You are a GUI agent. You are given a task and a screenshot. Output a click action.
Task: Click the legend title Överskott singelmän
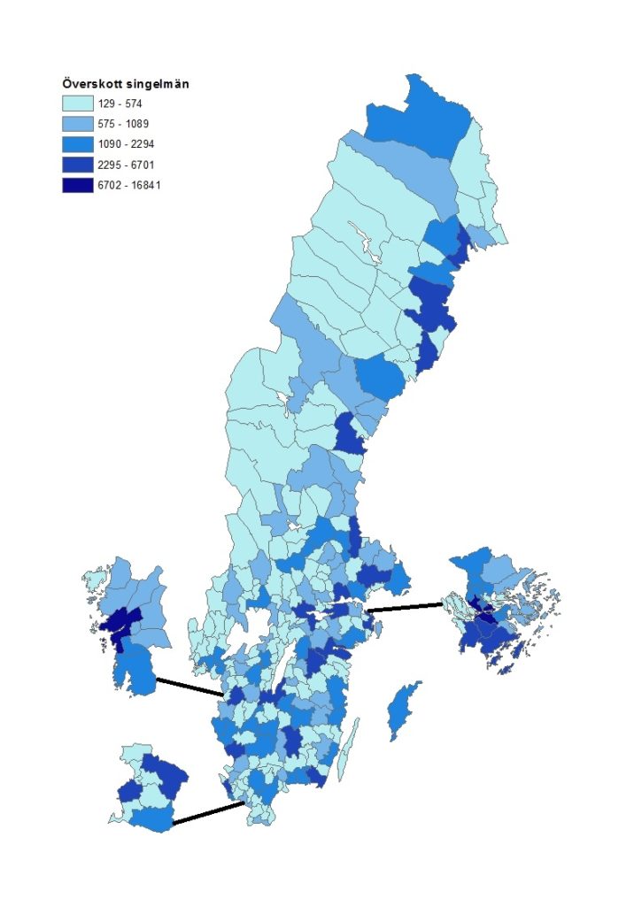pyautogui.click(x=125, y=83)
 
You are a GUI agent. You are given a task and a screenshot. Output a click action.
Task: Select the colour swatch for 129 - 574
pyautogui.click(x=77, y=103)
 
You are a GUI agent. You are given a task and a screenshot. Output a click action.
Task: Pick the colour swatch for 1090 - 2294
pyautogui.click(x=77, y=143)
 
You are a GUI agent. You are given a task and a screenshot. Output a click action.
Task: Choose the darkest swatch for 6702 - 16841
pyautogui.click(x=77, y=185)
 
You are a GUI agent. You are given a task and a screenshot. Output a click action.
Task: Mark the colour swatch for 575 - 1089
pyautogui.click(x=77, y=123)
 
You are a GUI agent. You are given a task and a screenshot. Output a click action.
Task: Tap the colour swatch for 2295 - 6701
pyautogui.click(x=77, y=165)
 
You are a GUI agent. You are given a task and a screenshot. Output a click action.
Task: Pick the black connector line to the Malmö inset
pyautogui.click(x=208, y=813)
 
